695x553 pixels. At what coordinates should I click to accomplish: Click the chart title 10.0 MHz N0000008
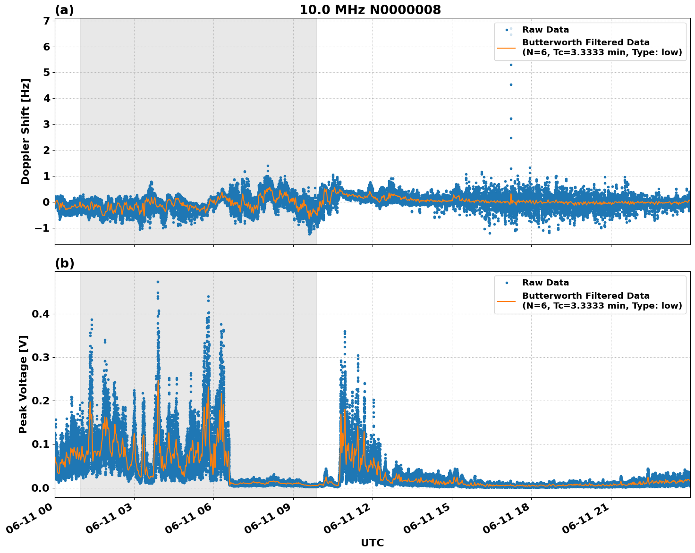370,10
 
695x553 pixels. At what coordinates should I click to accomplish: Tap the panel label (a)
64,10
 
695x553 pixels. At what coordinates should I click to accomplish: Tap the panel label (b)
64,263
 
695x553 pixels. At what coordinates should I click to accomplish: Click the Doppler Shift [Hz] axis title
25,131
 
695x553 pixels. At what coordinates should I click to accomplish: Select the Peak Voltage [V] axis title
23,384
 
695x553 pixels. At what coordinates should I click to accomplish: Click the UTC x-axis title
372,543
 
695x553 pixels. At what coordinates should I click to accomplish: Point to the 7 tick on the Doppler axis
46,21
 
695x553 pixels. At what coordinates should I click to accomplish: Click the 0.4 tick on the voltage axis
41,314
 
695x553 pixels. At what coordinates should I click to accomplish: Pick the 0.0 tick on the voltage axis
41,487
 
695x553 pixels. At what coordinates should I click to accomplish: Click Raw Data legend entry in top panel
545,30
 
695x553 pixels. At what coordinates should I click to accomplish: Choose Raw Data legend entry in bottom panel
545,283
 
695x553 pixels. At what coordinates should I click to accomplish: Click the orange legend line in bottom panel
506,301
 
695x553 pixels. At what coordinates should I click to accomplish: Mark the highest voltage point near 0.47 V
158,282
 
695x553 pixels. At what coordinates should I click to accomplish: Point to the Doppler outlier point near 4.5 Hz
511,84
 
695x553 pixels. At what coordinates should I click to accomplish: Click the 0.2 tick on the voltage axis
41,401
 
